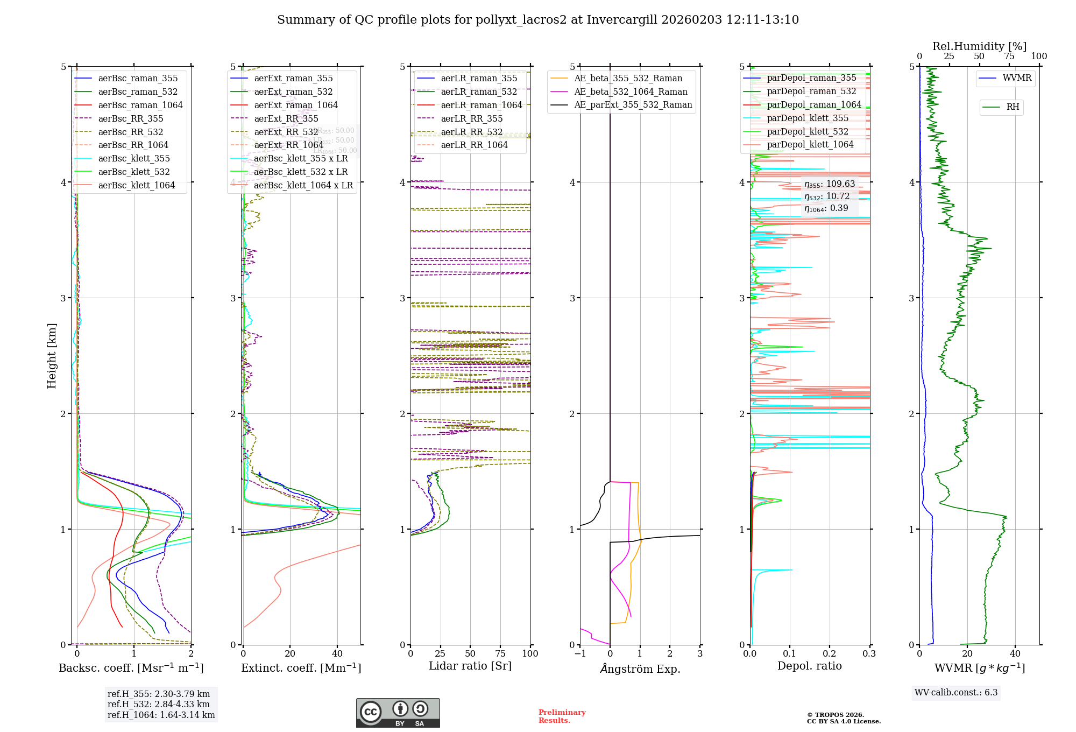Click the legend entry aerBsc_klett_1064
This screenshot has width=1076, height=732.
[x=136, y=185]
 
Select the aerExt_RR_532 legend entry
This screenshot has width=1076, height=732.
[x=286, y=132]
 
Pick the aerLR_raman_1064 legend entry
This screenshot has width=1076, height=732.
[x=481, y=105]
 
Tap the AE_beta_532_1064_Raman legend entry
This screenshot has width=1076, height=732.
[x=631, y=91]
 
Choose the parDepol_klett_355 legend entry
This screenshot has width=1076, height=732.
[x=807, y=118]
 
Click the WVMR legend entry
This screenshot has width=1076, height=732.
[x=1016, y=78]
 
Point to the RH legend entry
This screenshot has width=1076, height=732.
[x=1012, y=107]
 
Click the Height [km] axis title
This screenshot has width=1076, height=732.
[x=52, y=355]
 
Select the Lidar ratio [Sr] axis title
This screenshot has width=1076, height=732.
[x=470, y=666]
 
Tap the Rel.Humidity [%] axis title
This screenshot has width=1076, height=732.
[x=979, y=46]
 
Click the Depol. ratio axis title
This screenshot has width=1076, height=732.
[x=809, y=666]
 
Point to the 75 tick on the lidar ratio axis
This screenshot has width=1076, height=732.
[x=500, y=653]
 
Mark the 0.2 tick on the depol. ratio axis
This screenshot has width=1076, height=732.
[x=830, y=653]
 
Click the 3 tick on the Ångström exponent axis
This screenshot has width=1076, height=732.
[x=700, y=653]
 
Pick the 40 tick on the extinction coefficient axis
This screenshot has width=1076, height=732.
[x=337, y=653]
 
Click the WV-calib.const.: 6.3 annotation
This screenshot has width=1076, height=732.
[x=956, y=692]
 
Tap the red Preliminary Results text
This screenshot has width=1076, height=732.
[x=562, y=716]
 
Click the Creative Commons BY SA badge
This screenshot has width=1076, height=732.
[x=398, y=713]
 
